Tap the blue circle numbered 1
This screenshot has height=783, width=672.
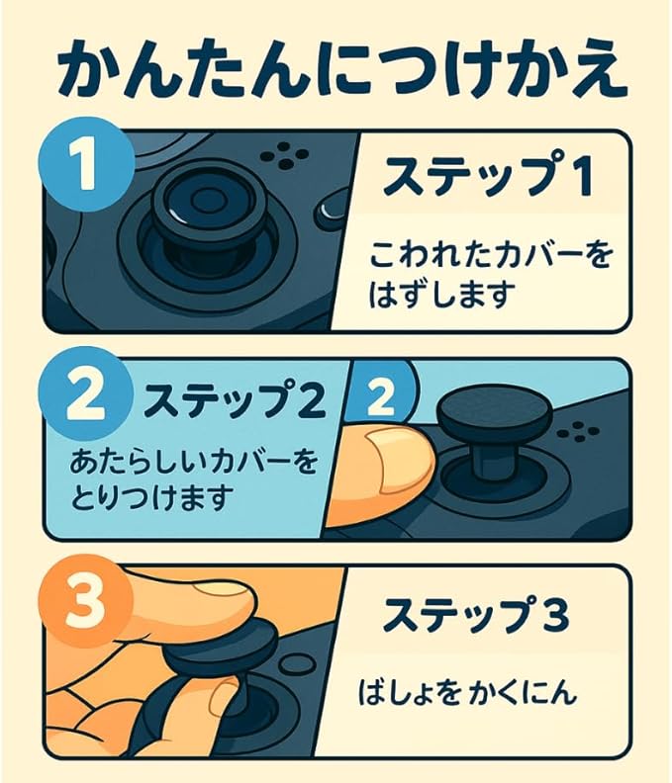pos(87,163)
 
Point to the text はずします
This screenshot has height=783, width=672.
pos(442,295)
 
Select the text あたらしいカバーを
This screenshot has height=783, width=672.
pos(194,461)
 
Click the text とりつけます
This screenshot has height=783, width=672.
pos(152,497)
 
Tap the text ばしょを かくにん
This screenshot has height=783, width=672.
pos(467,693)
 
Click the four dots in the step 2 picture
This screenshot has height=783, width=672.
pos(579,432)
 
